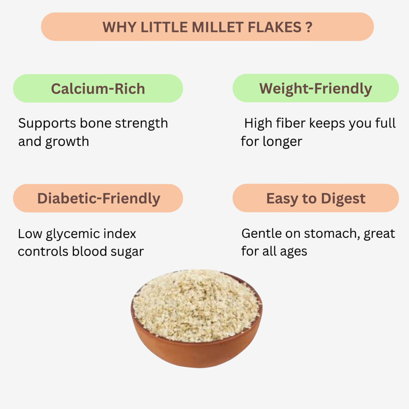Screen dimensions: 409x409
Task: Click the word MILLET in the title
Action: [218, 27]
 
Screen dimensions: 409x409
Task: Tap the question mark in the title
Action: [309, 27]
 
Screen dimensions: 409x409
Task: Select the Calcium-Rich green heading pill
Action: [98, 89]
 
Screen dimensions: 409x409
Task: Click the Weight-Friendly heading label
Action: [316, 89]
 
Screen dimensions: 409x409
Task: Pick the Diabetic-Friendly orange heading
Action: [98, 198]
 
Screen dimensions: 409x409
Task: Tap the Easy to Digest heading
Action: [316, 198]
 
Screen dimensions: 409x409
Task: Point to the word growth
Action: [67, 142]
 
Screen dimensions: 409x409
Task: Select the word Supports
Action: [47, 123]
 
